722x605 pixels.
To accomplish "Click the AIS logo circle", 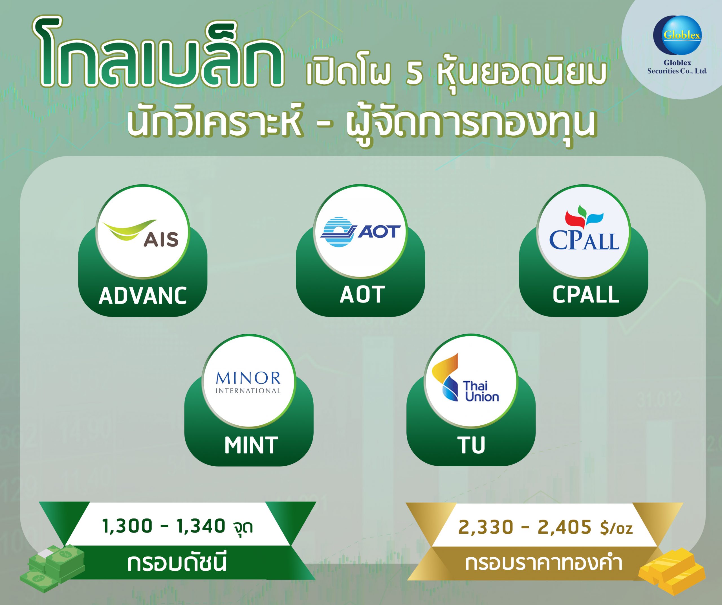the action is [143, 232].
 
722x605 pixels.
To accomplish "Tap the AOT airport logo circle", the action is [360, 231].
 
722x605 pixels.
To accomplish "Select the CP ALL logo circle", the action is [584, 232].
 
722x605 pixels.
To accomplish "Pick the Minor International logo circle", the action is [248, 381].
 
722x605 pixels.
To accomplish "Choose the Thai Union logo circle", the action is [471, 381].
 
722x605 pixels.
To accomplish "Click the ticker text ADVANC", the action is [143, 296].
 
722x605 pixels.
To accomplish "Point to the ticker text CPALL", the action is [586, 295].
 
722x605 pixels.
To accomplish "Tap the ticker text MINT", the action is [251, 445].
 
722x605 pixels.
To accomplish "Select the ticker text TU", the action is [471, 445].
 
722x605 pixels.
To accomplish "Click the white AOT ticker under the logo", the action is [362, 295].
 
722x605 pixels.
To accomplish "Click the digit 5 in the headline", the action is [414, 74].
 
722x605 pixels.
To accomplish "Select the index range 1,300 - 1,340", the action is [164, 526].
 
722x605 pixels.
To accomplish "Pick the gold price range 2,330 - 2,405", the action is [525, 527].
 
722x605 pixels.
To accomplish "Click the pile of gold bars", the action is [672, 572].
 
